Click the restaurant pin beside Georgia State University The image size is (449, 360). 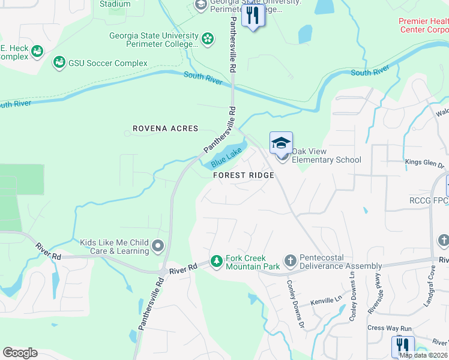[x=253, y=16]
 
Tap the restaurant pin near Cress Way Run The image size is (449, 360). [x=403, y=346]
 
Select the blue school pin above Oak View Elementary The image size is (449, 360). [x=281, y=143]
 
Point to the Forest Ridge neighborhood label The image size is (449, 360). [x=244, y=175]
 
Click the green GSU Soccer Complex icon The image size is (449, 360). [x=59, y=62]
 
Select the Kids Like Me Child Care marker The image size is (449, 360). [x=158, y=245]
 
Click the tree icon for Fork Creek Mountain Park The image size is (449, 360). [x=216, y=262]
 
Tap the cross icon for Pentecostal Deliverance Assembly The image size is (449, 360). [x=291, y=261]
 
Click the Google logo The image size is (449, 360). [x=20, y=353]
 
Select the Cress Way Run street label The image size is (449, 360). [x=389, y=328]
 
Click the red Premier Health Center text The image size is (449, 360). [x=424, y=25]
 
